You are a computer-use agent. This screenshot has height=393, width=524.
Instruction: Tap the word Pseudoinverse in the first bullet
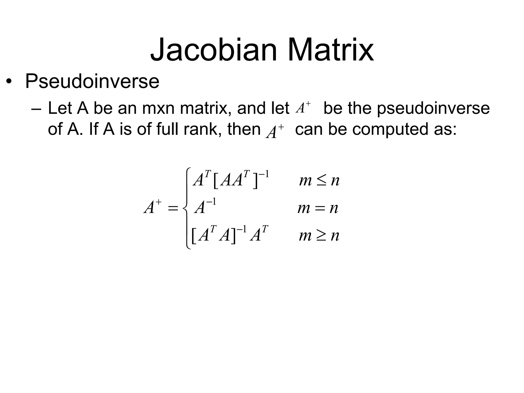(92, 81)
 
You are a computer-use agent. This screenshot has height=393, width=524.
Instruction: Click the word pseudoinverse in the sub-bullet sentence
(433, 108)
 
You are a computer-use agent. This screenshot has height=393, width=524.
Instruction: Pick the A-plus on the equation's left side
(152, 207)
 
